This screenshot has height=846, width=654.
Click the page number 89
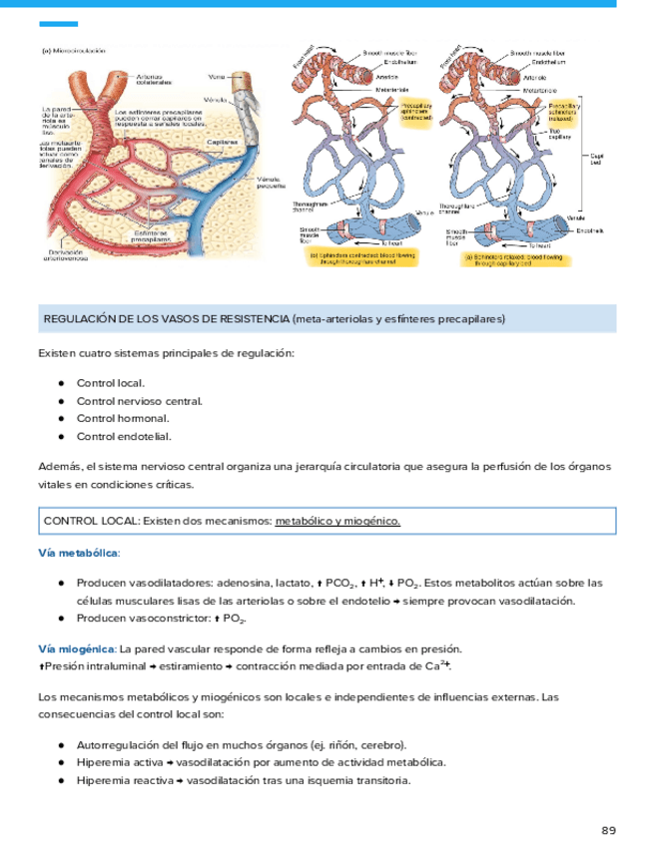(x=609, y=830)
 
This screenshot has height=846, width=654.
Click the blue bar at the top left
(x=57, y=24)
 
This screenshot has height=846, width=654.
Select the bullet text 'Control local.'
(x=111, y=383)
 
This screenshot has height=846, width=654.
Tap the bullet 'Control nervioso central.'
(x=139, y=401)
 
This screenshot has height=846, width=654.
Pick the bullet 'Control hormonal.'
(x=123, y=418)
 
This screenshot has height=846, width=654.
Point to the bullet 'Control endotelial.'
(x=124, y=436)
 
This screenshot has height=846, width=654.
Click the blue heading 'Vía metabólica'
(x=79, y=552)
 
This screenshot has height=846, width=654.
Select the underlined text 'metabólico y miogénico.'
(x=337, y=522)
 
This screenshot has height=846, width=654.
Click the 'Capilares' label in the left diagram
(x=223, y=142)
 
